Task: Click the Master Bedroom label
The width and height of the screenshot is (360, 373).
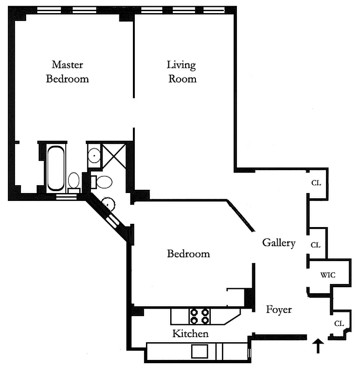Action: tap(67, 71)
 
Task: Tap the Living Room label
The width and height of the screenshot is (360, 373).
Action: tap(182, 71)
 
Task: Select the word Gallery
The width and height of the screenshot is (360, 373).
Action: tap(279, 242)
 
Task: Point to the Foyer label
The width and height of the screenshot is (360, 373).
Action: tap(279, 309)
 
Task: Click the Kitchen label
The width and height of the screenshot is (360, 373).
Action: tap(190, 334)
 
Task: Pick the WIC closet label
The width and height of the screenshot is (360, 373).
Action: tap(328, 275)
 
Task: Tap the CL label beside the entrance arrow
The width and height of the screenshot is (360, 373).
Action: tap(339, 324)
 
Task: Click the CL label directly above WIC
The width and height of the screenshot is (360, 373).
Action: tap(316, 245)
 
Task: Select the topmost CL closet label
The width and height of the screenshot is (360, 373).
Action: tap(316, 183)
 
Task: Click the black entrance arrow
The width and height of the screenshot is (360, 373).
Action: tap(318, 346)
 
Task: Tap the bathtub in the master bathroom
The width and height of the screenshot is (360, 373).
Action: tap(56, 168)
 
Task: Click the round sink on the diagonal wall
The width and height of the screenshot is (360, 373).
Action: tap(108, 203)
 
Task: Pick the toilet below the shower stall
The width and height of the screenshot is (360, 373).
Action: tap(103, 181)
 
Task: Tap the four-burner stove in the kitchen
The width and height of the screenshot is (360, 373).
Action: tap(199, 316)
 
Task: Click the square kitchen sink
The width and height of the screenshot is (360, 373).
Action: tap(200, 351)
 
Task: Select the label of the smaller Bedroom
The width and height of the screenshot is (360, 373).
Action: tap(188, 254)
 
